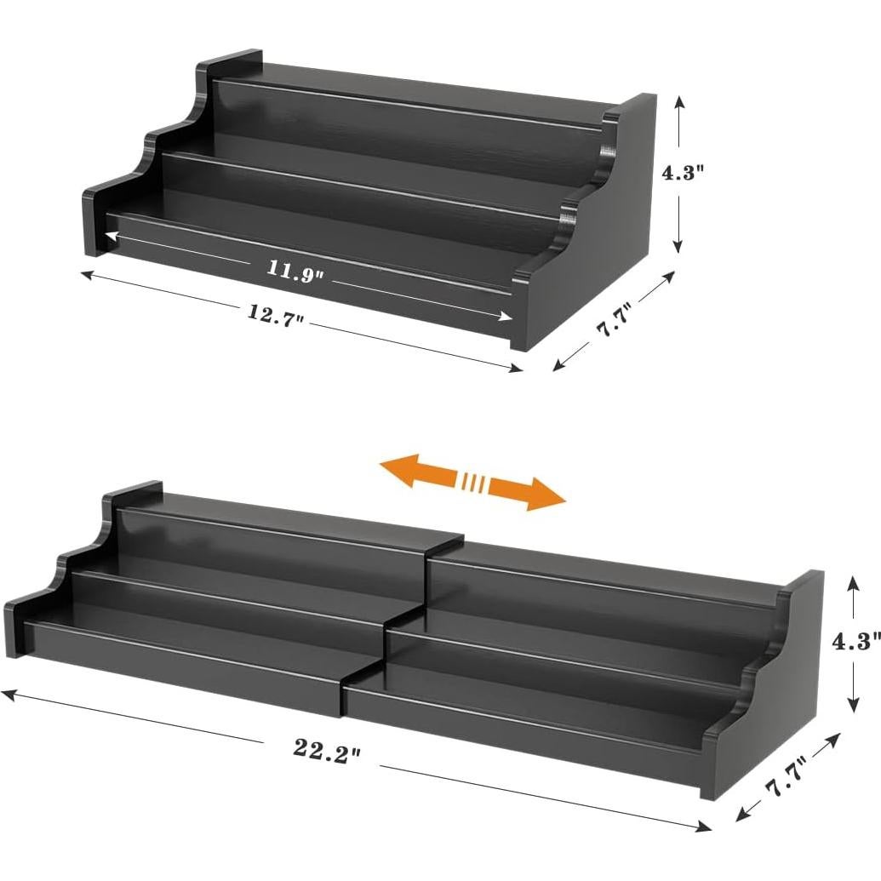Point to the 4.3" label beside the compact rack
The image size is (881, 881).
[684, 173]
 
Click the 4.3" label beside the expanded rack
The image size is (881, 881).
[855, 643]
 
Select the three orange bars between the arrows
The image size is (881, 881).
[474, 483]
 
